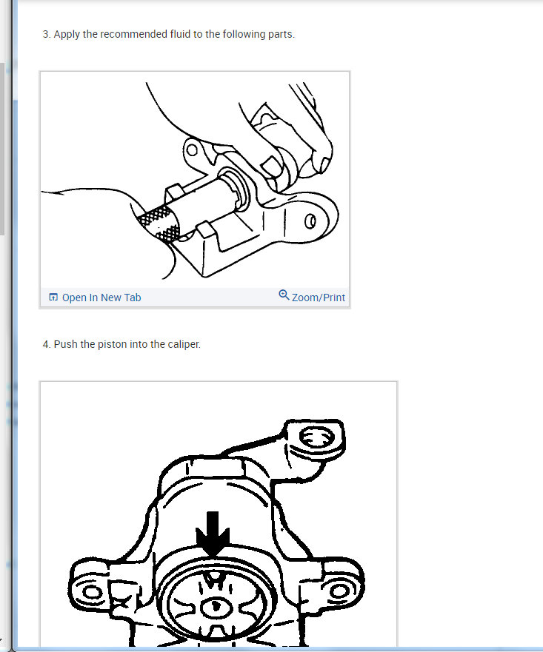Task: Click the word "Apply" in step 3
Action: tap(67, 34)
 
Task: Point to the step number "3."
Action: tap(47, 34)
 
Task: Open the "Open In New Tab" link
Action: tap(101, 298)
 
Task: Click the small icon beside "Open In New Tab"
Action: tap(53, 298)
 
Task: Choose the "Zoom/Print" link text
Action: tap(319, 298)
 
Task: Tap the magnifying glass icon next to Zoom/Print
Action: tap(284, 295)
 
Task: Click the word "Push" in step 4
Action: tap(66, 344)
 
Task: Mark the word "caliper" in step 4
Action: tap(182, 344)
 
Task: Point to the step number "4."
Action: tap(47, 344)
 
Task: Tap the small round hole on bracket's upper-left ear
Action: tap(192, 150)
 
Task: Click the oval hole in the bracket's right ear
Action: tap(311, 221)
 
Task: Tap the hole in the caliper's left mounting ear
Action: tap(93, 593)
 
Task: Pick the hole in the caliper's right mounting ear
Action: tap(338, 591)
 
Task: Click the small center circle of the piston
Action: tap(214, 606)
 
